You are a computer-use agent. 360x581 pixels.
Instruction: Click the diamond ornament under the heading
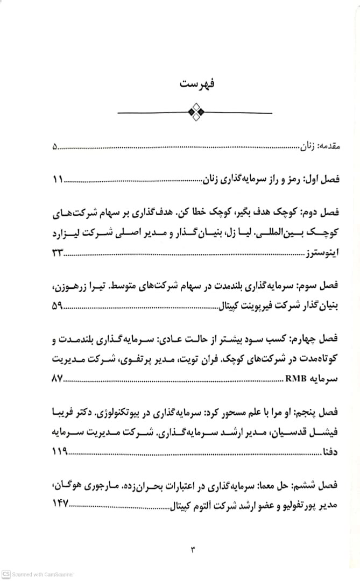pyautogui.click(x=195, y=112)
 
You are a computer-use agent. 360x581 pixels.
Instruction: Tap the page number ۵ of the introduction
pyautogui.click(x=55, y=145)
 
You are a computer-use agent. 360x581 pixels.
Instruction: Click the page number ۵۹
pyautogui.click(x=57, y=307)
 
